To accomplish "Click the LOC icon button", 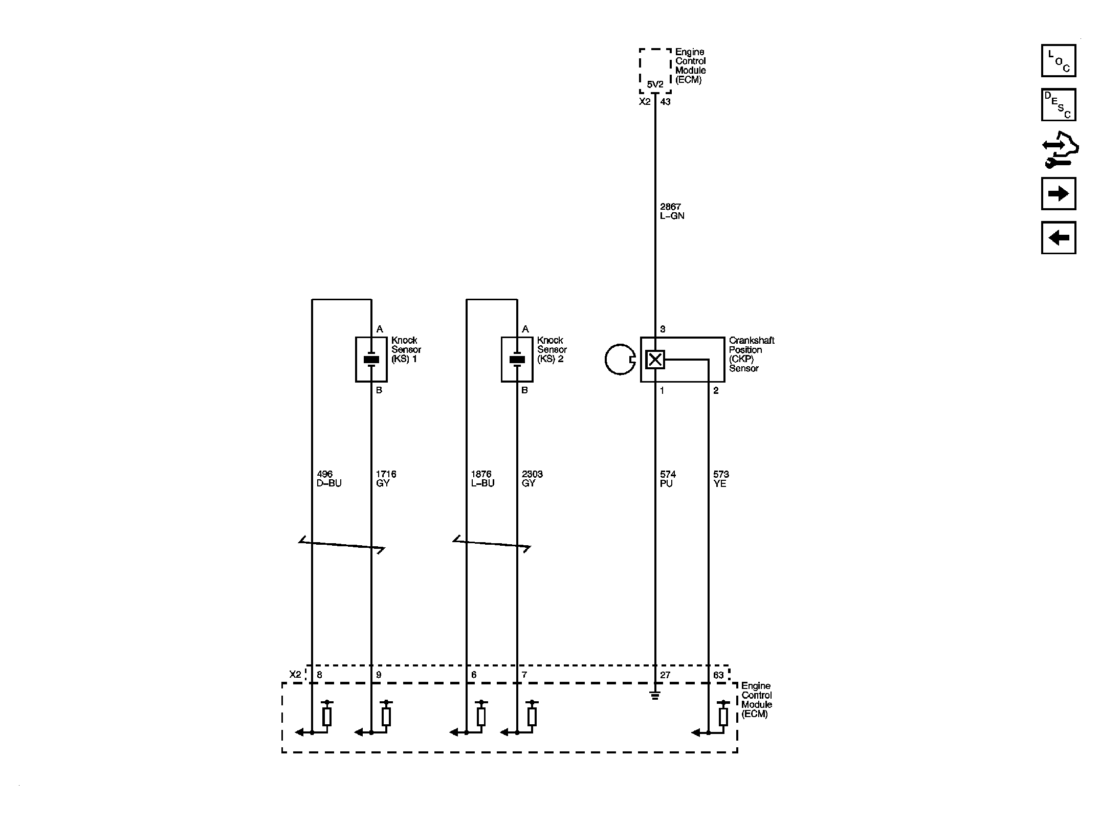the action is [x=1059, y=61].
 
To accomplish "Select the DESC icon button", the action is [x=1059, y=105].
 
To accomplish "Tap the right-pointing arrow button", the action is [x=1059, y=193].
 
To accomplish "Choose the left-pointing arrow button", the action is [x=1059, y=237].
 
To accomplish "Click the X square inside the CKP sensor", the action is [x=655, y=360].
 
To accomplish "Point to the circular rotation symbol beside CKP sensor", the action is [x=605, y=360].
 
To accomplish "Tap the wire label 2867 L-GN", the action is [x=672, y=211].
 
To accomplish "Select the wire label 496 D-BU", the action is [x=329, y=479].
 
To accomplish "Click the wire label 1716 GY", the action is [x=386, y=479].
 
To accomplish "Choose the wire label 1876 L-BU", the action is [x=482, y=479].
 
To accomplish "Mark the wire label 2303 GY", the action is [x=532, y=479].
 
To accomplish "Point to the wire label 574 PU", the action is [x=668, y=479].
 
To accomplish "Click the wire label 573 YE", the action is [x=721, y=479].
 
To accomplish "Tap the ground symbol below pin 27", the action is [x=655, y=695].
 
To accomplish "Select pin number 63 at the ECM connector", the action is [x=718, y=675].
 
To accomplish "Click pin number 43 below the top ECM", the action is [x=665, y=102].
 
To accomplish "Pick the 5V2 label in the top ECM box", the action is [x=655, y=84].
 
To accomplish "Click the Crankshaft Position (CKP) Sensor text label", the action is [x=752, y=354].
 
